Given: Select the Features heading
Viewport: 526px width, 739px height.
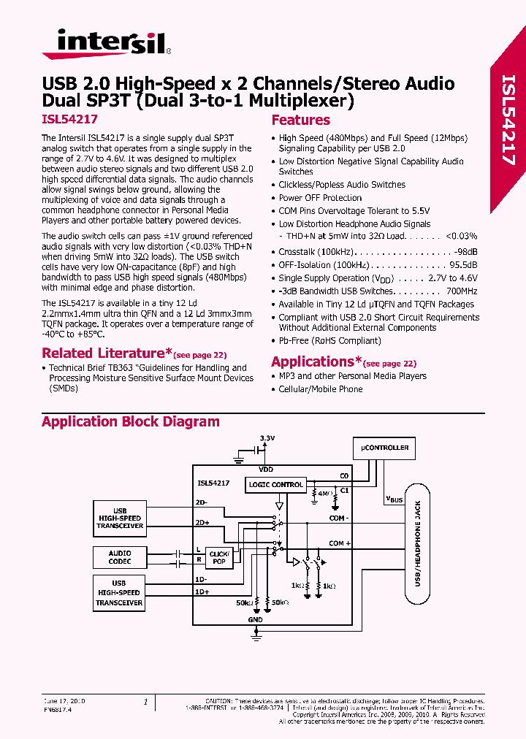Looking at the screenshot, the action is coord(300,120).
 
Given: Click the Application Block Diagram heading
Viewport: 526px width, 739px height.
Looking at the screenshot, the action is coord(130,421).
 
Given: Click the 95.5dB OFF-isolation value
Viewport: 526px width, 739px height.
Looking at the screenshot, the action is coord(463,265).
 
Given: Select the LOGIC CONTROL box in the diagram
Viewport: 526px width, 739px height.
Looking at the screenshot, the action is coord(276,484).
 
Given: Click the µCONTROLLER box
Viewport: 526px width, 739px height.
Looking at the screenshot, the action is coord(386,447).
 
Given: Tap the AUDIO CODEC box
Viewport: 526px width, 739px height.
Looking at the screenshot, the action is coord(120,557).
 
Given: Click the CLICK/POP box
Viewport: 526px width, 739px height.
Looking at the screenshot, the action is coord(218,558).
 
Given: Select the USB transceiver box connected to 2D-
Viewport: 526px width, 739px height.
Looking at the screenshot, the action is coord(119,518).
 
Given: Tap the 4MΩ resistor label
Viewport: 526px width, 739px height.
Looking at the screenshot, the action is coord(324,494).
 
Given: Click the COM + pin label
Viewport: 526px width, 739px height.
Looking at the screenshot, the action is coord(340,543).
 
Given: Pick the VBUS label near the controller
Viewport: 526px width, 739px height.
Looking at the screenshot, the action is coord(394,499).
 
